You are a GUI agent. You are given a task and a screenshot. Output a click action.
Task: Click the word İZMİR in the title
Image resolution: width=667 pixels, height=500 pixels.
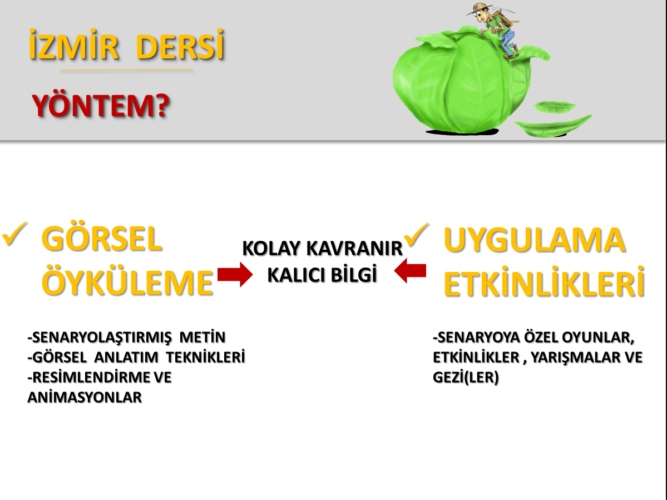pos(73,44)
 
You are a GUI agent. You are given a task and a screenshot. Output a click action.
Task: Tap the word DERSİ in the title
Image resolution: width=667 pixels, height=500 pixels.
pos(180,44)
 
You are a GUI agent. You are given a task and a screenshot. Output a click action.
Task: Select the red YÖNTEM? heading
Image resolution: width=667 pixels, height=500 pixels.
pos(101,106)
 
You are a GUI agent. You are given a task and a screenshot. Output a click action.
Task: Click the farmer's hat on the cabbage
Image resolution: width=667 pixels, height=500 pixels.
pos(480,8)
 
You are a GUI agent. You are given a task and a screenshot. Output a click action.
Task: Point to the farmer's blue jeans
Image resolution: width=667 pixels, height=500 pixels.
pos(507,42)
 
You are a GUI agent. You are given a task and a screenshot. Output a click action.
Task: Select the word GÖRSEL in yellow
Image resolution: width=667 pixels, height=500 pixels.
pos(102,239)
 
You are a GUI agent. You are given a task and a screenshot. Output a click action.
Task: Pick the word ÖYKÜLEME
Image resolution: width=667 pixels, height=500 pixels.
pos(127,283)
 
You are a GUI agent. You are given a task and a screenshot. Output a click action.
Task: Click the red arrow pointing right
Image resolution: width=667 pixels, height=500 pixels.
pos(235,275)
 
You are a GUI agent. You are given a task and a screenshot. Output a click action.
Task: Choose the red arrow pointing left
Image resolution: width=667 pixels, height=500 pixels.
pos(410,271)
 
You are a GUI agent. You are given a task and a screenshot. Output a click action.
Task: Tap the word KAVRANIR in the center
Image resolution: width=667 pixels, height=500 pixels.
pos(354,249)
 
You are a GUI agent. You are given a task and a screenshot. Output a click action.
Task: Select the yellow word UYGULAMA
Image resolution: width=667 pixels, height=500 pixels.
pos(534,240)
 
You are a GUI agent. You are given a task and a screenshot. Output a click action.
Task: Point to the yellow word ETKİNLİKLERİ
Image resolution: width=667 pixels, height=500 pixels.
pos(544,283)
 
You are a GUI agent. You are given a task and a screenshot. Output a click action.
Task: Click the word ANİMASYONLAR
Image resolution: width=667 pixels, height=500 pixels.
pos(85,397)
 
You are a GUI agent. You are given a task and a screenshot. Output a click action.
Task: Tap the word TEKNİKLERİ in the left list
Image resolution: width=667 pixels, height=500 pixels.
pos(205,357)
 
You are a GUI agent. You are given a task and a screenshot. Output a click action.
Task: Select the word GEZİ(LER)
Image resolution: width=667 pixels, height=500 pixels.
pos(466,377)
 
